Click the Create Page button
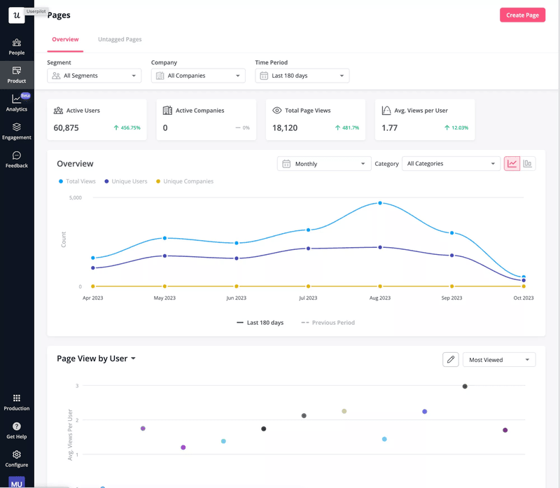tap(522, 15)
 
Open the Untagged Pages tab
tap(120, 39)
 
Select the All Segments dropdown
tap(94, 76)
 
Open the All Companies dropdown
tap(198, 76)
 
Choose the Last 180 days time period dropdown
tap(302, 76)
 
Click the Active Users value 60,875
tap(66, 128)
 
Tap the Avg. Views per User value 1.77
tap(389, 128)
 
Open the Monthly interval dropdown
tap(324, 164)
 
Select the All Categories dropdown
tap(451, 164)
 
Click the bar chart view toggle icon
tap(528, 164)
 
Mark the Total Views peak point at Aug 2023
tap(380, 203)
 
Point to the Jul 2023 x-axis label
tap(308, 298)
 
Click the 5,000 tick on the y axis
tap(76, 197)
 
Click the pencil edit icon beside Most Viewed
tap(451, 359)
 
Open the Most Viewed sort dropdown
tap(499, 360)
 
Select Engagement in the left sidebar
tap(17, 131)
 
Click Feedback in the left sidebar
tap(17, 160)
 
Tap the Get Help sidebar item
tap(17, 430)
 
